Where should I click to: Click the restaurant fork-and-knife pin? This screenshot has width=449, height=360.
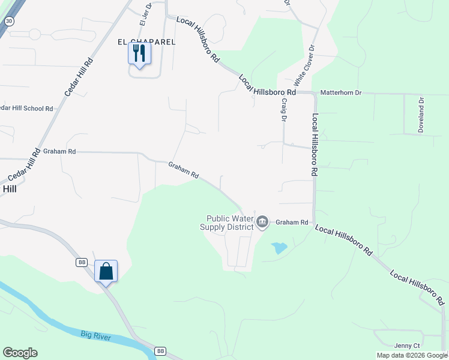[139, 53]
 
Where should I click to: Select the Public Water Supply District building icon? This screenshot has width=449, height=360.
[262, 223]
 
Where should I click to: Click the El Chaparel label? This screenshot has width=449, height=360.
[146, 42]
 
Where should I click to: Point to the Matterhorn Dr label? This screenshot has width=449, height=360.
[341, 93]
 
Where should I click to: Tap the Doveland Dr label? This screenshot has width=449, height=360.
[421, 115]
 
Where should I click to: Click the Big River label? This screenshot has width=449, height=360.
[96, 335]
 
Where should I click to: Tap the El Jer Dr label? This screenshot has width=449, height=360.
[143, 14]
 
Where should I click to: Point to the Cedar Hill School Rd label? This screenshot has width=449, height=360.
[26, 109]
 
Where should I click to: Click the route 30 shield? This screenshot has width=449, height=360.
[8, 21]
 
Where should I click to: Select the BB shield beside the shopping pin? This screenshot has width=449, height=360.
[82, 263]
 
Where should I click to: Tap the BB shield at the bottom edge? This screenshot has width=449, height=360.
[160, 351]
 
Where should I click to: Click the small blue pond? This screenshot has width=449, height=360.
[279, 247]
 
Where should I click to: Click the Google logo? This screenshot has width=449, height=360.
[20, 353]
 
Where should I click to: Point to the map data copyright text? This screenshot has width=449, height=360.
[412, 355]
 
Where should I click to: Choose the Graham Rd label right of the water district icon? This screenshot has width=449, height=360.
[292, 223]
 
